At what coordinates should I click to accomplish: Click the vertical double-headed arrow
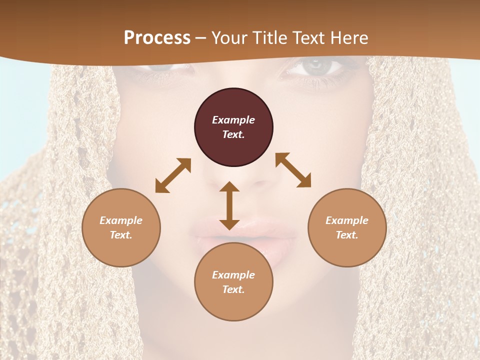(x=229, y=205)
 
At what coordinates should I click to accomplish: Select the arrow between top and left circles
(x=173, y=175)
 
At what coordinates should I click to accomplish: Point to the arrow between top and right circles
(x=293, y=170)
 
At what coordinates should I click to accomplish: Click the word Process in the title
(x=157, y=37)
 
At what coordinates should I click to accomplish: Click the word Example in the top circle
(x=233, y=120)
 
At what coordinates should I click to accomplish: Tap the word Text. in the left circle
(x=121, y=235)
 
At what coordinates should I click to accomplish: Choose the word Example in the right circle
(x=347, y=220)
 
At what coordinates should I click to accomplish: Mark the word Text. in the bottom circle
(x=233, y=289)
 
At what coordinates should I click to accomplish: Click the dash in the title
(x=200, y=38)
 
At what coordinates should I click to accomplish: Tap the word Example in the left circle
(x=121, y=220)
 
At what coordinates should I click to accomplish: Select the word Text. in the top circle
(x=233, y=134)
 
